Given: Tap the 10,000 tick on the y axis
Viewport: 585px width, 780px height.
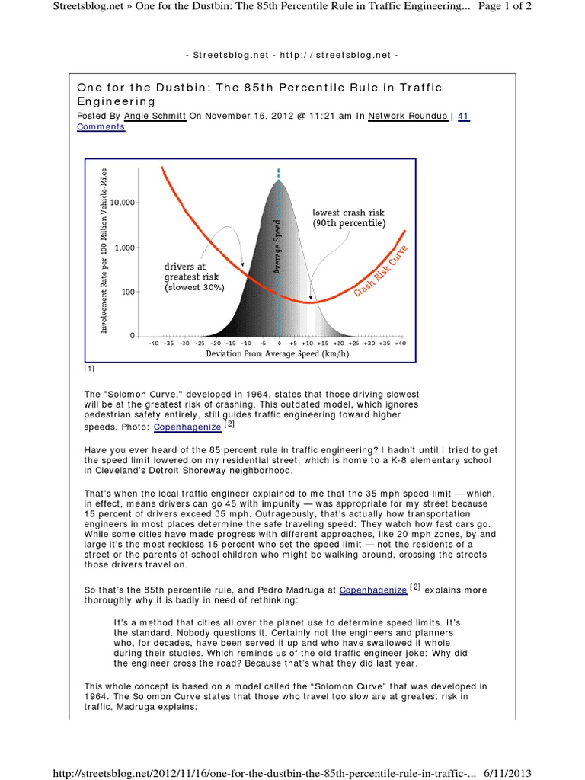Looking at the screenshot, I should click(x=123, y=203).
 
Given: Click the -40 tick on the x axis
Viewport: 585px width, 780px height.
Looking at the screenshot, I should click(x=153, y=344).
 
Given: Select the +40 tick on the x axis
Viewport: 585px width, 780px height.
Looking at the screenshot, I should click(x=401, y=344).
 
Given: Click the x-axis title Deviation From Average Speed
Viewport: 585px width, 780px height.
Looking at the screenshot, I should click(x=277, y=354).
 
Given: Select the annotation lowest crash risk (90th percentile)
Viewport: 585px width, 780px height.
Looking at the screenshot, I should click(x=349, y=218).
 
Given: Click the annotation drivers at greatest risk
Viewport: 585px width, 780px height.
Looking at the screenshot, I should click(x=191, y=277).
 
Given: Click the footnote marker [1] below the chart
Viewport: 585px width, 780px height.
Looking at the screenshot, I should click(x=89, y=369).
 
